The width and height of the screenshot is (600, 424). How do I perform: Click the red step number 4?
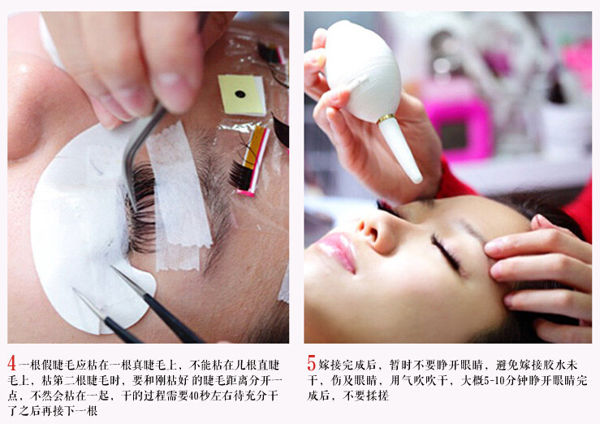(11, 363)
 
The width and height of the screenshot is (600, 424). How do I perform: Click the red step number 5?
(312, 363)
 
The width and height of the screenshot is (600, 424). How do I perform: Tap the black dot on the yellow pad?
(240, 93)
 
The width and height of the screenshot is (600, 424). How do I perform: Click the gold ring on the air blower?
(386, 119)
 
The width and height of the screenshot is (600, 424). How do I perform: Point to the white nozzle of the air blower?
(401, 150)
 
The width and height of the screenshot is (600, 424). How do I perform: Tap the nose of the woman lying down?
(373, 230)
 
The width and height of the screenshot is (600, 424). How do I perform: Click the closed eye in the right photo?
(446, 253)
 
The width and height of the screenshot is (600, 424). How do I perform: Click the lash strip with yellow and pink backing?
(251, 161)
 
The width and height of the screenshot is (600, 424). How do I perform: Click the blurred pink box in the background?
(457, 123)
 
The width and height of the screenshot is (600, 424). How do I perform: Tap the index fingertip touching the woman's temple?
(494, 247)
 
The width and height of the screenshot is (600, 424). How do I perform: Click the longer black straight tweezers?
(157, 305)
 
